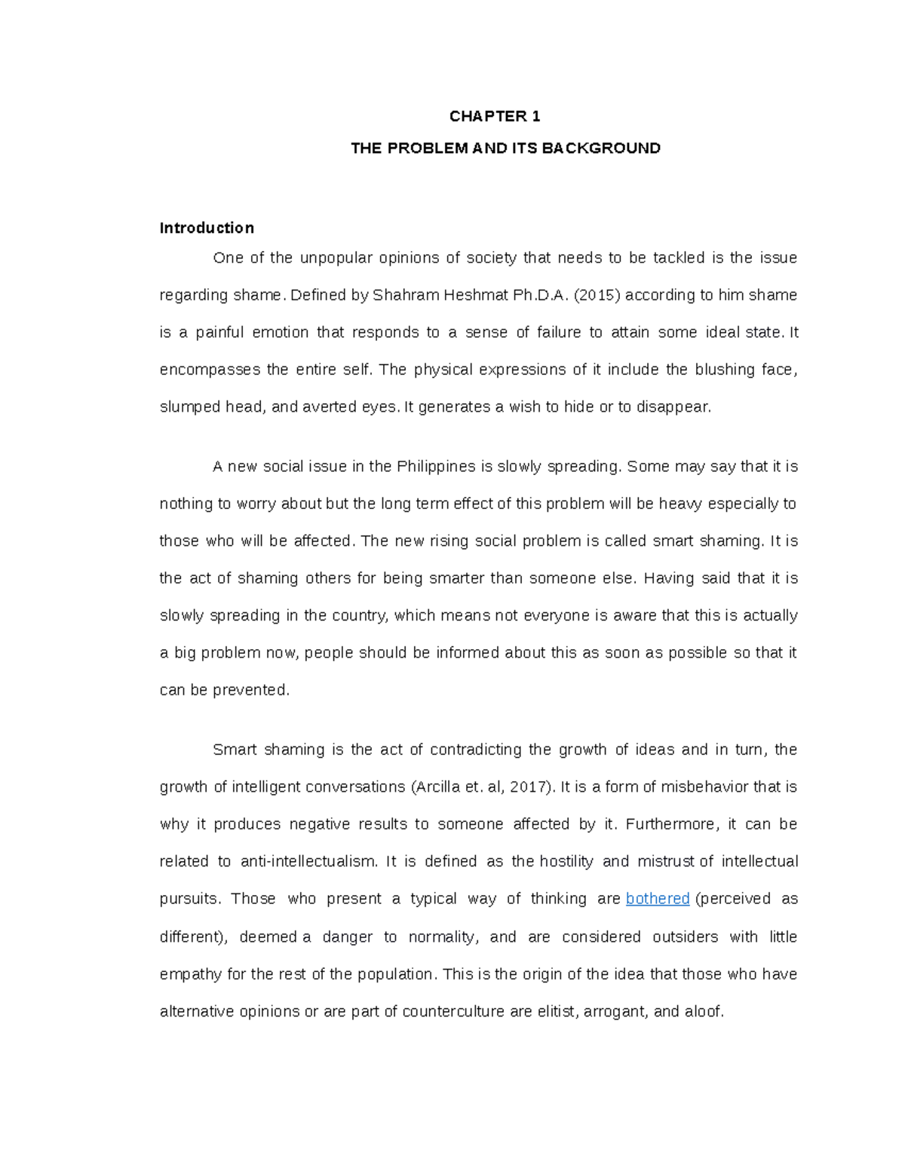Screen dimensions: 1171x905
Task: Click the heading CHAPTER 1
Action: (495, 116)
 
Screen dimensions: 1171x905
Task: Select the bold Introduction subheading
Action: (207, 228)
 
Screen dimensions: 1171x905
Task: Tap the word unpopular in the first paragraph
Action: (336, 258)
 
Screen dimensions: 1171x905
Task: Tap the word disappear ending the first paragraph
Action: (673, 407)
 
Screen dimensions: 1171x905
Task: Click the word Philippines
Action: (436, 467)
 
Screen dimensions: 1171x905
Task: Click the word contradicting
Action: (475, 750)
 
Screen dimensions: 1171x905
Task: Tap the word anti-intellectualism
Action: (308, 862)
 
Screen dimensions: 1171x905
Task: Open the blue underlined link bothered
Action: (658, 899)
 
